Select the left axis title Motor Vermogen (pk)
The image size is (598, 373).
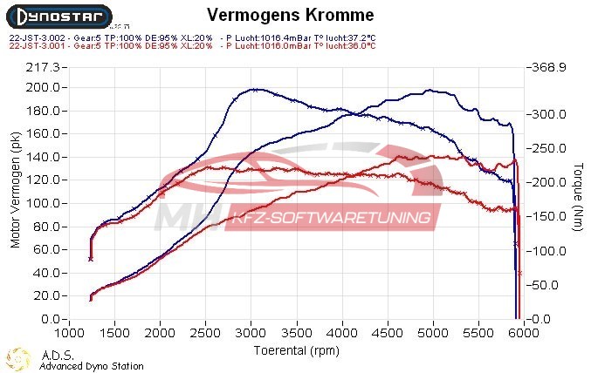tap(15, 191)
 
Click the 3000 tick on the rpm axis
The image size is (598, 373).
tap(251, 333)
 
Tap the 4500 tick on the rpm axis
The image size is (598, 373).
tap(387, 333)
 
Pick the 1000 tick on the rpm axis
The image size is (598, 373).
tap(69, 333)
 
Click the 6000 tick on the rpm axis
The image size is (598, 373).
tap(523, 333)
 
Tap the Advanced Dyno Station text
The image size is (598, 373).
tap(92, 366)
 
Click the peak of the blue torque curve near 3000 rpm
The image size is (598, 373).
tap(253, 89)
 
